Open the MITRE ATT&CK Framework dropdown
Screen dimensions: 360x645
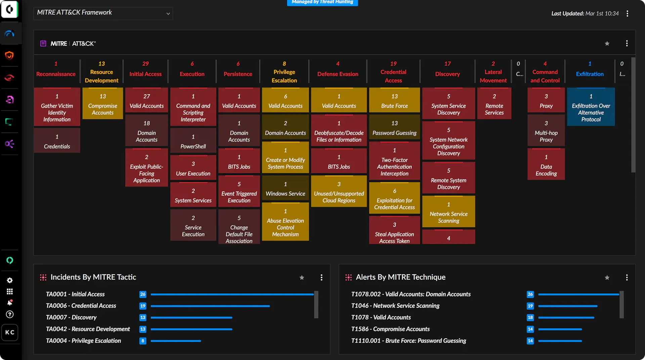(103, 13)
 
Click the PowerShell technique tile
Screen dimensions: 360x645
(193, 141)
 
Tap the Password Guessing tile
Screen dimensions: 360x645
(394, 128)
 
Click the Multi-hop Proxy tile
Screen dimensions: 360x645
(546, 131)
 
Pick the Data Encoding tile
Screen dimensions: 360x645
(546, 165)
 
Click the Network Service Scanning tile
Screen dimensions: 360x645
(448, 212)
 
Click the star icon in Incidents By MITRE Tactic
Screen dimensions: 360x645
(302, 277)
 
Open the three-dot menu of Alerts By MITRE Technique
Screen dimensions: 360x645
(627, 277)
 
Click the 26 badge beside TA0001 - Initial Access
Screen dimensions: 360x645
(143, 294)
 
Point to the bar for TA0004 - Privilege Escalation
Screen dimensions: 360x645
(176, 341)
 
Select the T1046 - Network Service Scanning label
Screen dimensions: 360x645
(395, 306)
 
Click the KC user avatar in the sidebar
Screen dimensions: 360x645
(10, 332)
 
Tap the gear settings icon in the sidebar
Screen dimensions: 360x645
(10, 280)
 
